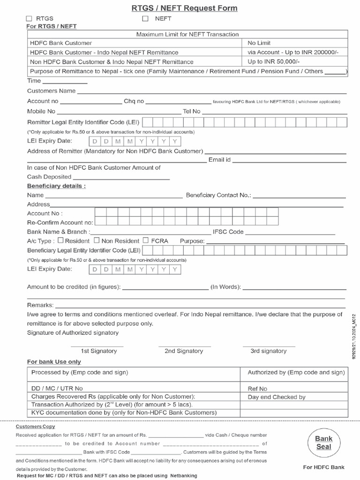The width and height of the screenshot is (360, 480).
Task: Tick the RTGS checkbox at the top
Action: (x=29, y=19)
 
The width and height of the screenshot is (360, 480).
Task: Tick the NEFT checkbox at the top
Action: (x=145, y=19)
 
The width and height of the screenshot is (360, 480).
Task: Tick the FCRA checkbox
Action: (x=146, y=240)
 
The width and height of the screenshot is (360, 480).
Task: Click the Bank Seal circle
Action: (x=323, y=442)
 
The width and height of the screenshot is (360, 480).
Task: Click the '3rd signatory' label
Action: (x=268, y=351)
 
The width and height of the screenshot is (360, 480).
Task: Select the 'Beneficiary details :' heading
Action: (x=56, y=186)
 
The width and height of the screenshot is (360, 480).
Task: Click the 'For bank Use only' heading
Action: (x=54, y=362)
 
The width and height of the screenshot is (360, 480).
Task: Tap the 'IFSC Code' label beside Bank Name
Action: (x=228, y=232)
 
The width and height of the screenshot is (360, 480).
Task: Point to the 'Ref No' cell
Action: (x=257, y=389)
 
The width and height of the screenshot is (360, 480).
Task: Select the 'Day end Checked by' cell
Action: (x=277, y=397)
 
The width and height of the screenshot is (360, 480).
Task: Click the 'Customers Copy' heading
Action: (x=35, y=427)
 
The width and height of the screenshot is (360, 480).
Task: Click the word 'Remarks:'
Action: (x=40, y=305)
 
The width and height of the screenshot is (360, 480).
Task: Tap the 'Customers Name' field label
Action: (x=51, y=91)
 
